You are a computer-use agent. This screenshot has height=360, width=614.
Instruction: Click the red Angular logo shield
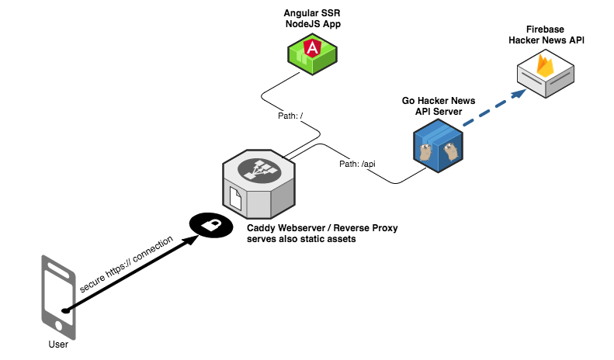point(312,47)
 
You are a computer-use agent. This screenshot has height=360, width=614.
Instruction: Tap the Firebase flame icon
point(545,65)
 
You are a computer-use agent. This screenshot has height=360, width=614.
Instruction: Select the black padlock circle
point(211,226)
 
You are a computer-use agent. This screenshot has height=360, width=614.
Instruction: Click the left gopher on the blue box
point(425,152)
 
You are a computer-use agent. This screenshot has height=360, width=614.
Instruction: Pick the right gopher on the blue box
point(451,151)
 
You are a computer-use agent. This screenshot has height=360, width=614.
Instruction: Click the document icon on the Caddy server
point(235,199)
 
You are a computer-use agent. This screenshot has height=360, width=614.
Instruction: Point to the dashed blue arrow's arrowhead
point(519,94)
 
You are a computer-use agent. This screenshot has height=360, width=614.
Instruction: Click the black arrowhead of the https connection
point(191,240)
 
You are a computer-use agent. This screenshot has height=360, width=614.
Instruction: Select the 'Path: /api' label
point(357,164)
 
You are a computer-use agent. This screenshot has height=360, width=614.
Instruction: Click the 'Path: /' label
point(290,116)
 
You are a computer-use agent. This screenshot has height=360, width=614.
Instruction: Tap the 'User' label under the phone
point(58,344)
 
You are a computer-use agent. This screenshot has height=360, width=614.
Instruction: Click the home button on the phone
point(59,325)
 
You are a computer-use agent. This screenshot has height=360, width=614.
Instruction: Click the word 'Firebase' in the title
point(545,29)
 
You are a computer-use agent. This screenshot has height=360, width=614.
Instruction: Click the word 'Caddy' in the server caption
point(261,228)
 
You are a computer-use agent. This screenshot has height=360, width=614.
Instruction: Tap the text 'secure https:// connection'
point(126,264)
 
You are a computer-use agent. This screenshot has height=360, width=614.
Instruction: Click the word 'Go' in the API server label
point(408,101)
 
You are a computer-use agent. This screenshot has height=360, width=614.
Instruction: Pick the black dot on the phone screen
point(65,310)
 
